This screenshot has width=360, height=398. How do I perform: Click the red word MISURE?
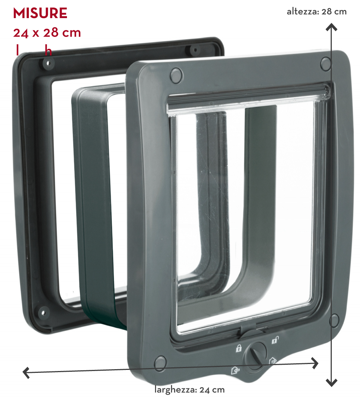pyautogui.click(x=40, y=13)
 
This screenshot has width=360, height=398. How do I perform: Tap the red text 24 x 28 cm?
pyautogui.click(x=47, y=33)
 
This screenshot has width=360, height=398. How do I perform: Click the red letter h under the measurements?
pyautogui.click(x=48, y=50)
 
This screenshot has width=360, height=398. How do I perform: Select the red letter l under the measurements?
pyautogui.click(x=17, y=50)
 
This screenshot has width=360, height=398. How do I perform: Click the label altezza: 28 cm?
pyautogui.click(x=317, y=12)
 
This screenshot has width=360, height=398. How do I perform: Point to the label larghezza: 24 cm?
pyautogui.click(x=189, y=390)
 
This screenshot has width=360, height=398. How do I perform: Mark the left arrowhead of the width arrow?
pyautogui.click(x=26, y=373)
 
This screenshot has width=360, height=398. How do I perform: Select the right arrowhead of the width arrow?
pyautogui.click(x=315, y=363)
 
